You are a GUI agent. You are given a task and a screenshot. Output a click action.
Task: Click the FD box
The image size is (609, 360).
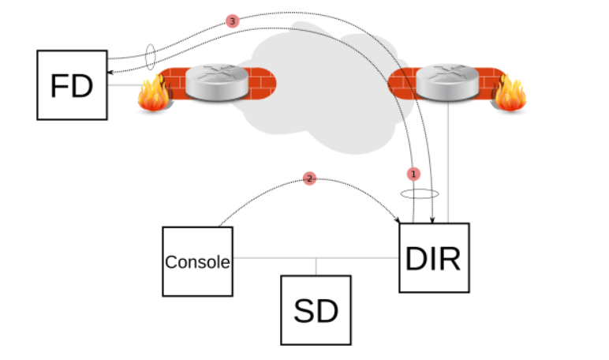coord(72,85)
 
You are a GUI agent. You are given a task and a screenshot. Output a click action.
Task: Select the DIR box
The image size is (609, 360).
coord(434,257)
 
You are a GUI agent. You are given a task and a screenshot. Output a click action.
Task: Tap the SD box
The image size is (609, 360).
coord(316,310)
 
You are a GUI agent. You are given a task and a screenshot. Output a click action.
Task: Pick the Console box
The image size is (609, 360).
coord(197,261)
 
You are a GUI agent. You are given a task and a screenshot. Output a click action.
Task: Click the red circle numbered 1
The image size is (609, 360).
coord(414,173)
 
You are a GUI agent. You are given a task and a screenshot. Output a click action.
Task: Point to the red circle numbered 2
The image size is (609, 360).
coord(309,179)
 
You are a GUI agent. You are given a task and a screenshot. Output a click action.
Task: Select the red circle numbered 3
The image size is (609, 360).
coord(231,21)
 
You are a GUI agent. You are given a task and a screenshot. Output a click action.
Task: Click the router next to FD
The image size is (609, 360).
coord(211,83)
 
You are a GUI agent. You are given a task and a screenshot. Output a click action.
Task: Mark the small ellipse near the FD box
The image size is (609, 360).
coord(151,57)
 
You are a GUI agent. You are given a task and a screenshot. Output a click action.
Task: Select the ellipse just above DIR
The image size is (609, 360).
coord(419,193)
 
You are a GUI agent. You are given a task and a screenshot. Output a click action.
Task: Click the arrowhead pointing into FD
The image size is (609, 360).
coord(110,58)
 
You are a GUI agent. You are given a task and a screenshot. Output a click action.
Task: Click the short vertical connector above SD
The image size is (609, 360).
coord(316,266)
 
